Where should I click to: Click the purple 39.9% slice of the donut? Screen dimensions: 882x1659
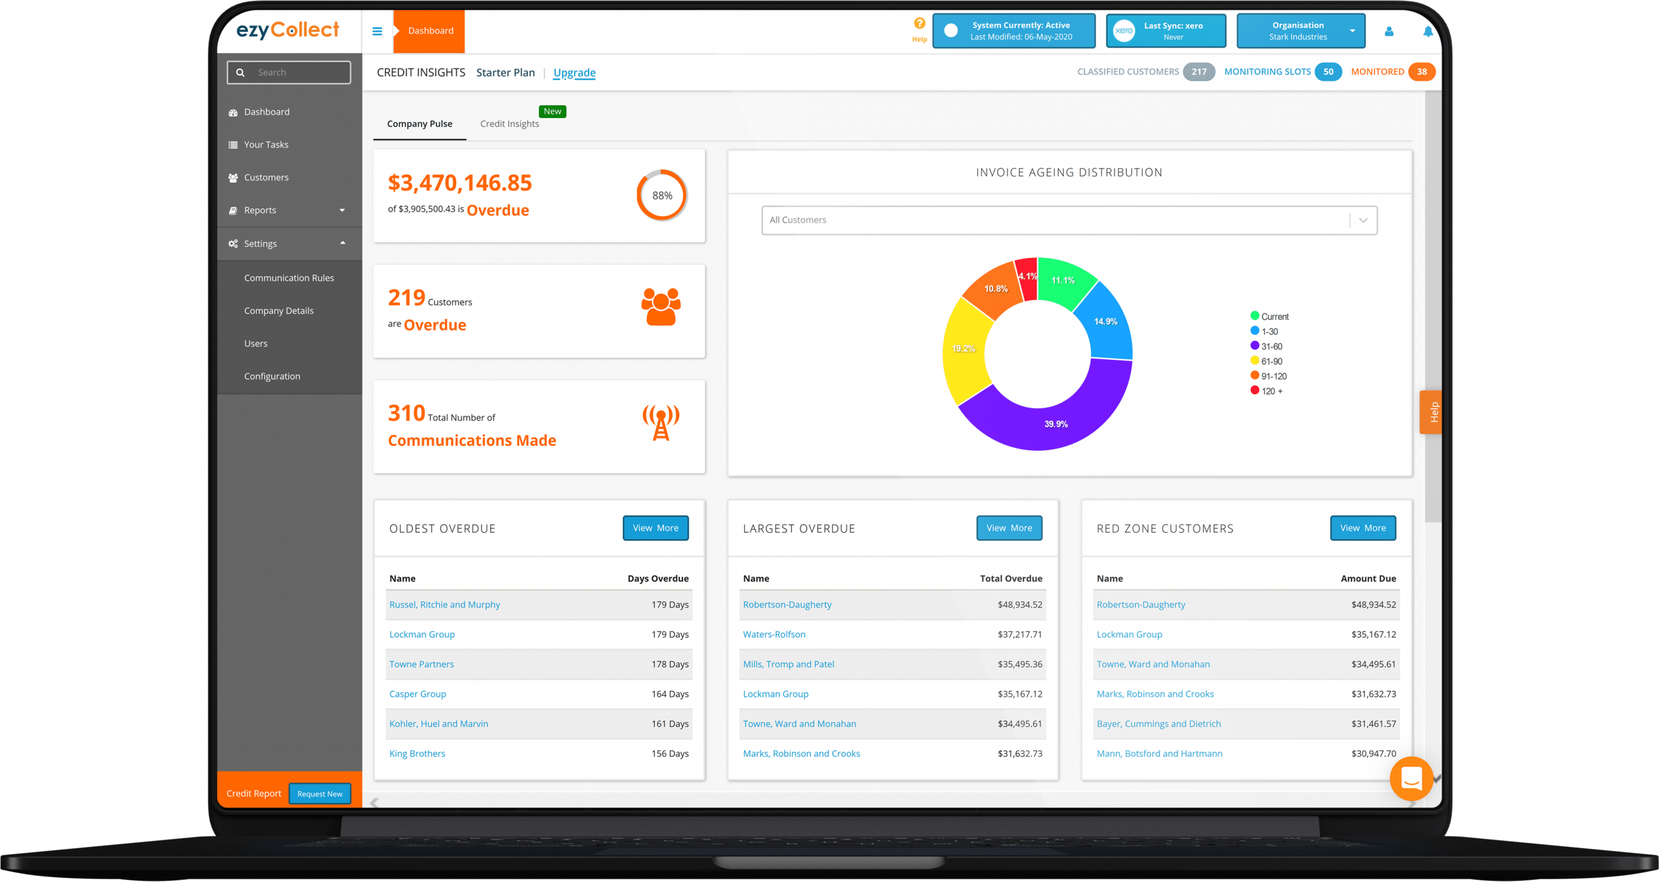1056,419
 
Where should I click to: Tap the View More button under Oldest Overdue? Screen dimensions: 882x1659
655,528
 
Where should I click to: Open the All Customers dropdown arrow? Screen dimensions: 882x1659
1363,220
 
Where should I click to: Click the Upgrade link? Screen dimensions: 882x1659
574,73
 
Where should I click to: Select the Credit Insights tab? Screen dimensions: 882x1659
509,124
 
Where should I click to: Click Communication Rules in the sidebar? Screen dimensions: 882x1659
289,278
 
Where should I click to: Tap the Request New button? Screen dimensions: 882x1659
320,794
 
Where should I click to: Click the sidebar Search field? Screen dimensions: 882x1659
296,73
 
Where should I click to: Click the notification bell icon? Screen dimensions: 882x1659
1428,31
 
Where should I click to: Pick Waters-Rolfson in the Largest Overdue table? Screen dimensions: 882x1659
774,634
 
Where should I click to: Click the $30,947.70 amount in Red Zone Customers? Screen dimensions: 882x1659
1373,753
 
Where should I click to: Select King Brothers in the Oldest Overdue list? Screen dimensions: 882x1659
416,753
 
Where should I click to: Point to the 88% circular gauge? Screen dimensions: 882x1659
662,195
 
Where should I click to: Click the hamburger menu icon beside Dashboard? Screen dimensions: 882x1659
377,31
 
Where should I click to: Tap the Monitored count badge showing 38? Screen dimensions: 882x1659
1421,72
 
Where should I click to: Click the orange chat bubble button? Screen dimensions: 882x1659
1411,779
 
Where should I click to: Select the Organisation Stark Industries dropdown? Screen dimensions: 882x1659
1300,31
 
